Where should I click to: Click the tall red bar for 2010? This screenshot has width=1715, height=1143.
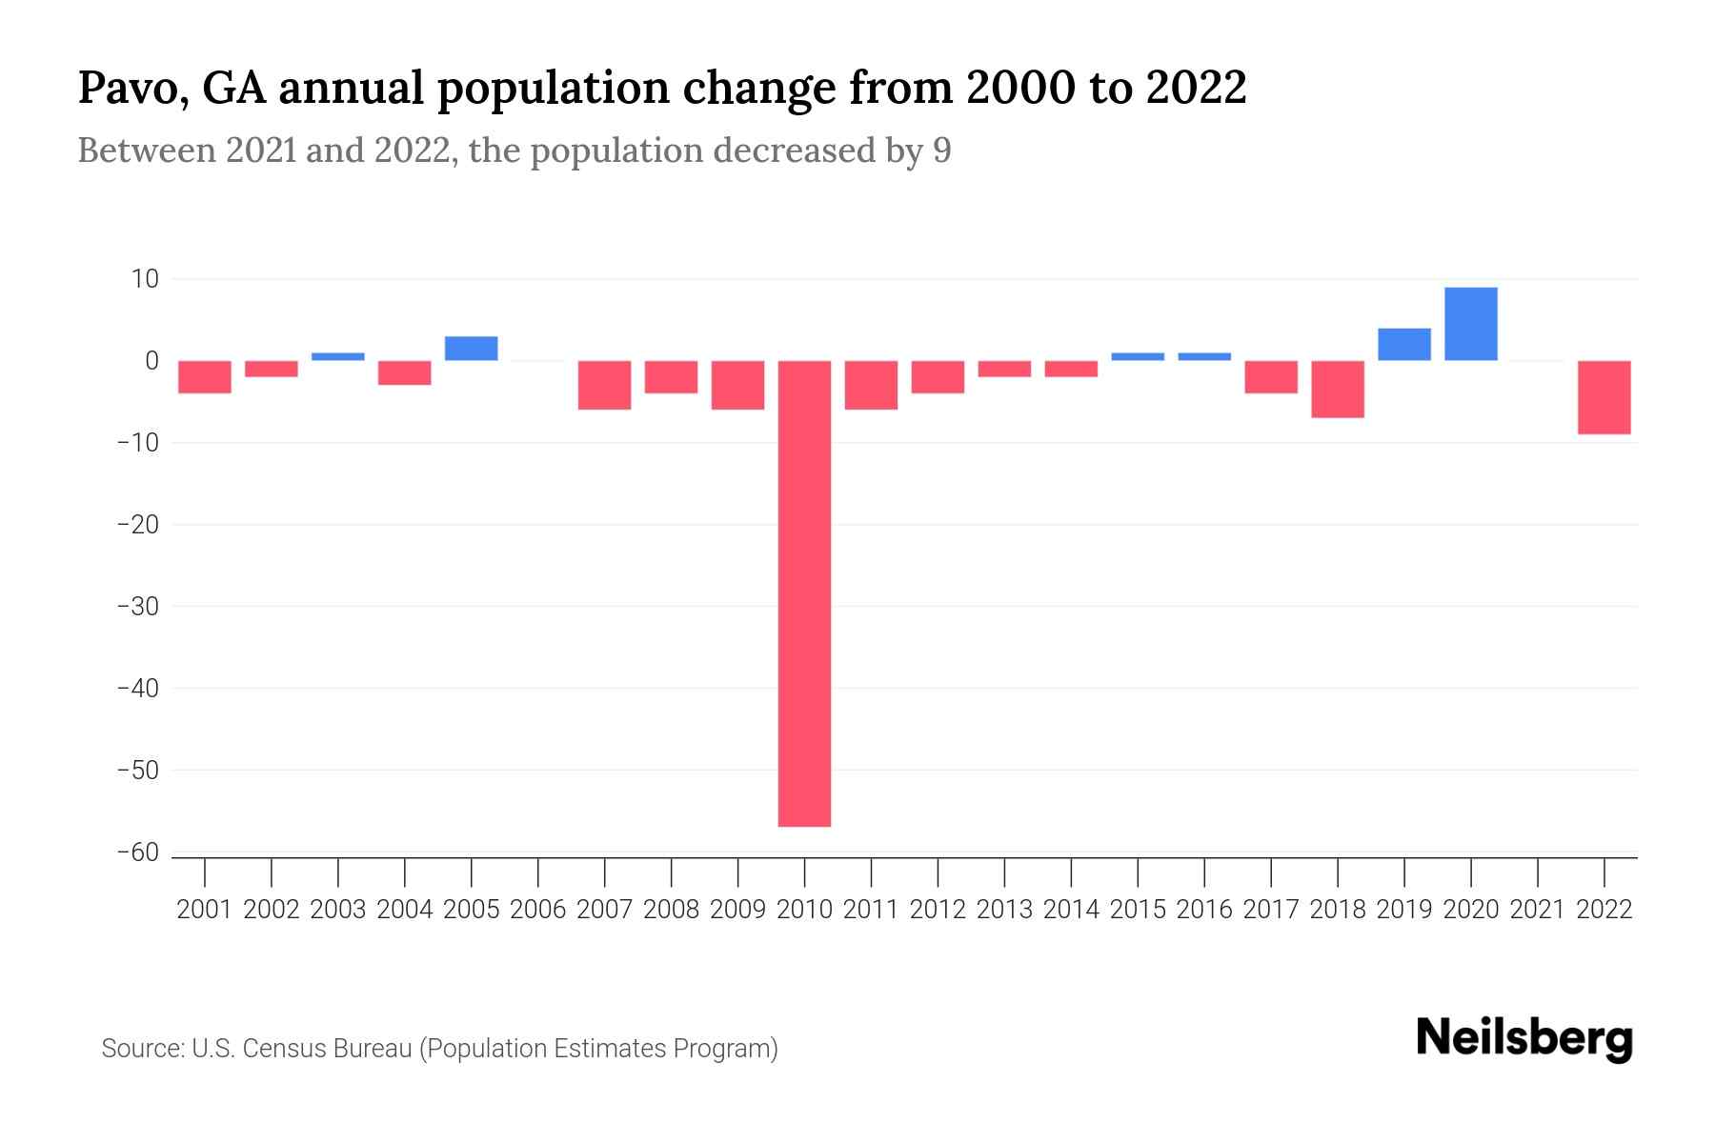tap(804, 592)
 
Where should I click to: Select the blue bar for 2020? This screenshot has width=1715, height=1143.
tap(1470, 324)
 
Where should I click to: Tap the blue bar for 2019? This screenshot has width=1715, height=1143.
tap(1403, 344)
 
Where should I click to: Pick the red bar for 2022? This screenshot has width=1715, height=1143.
tap(1604, 397)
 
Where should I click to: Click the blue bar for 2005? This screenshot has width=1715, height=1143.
tap(471, 349)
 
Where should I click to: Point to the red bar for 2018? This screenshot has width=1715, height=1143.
tap(1337, 389)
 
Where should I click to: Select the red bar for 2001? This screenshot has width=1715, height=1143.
tap(205, 376)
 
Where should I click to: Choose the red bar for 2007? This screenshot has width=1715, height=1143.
tap(604, 385)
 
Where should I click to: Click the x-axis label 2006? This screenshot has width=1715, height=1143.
tap(537, 910)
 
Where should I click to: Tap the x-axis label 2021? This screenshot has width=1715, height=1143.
tap(1537, 910)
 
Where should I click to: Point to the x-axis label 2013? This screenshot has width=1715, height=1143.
tap(1004, 910)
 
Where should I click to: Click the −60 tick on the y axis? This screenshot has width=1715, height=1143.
tap(138, 852)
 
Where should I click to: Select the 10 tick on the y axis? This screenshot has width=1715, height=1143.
tap(145, 279)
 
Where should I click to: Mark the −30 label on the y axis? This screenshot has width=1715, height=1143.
tap(138, 607)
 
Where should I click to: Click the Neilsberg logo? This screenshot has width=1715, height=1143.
tap(1523, 1038)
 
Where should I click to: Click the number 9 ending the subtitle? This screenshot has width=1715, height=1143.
tap(941, 150)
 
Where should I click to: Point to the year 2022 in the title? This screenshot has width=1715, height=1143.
tap(1196, 89)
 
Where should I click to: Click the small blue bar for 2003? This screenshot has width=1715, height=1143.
tap(337, 356)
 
